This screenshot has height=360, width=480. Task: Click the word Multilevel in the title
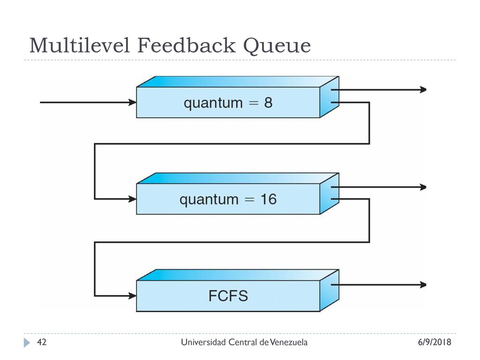pyautogui.click(x=80, y=45)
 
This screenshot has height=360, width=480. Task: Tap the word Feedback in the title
pyautogui.click(x=187, y=45)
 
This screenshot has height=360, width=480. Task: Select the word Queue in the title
pyautogui.click(x=277, y=46)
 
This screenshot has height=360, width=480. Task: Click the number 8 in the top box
pyautogui.click(x=268, y=103)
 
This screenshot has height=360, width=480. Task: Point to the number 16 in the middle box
pyautogui.click(x=269, y=199)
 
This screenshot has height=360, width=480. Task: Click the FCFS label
pyautogui.click(x=228, y=296)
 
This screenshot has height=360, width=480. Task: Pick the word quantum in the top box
pyautogui.click(x=213, y=103)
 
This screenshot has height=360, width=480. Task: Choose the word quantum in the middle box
pyautogui.click(x=209, y=200)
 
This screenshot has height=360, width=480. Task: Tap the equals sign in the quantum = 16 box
pyautogui.click(x=249, y=200)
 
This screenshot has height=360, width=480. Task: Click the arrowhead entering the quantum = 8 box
pyautogui.click(x=133, y=102)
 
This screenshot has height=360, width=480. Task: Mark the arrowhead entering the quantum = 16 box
pyautogui.click(x=133, y=199)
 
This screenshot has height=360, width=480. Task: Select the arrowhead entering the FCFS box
pyautogui.click(x=133, y=296)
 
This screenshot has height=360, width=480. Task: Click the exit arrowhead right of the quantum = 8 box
pyautogui.click(x=423, y=90)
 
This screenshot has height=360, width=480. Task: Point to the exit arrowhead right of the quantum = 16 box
pyautogui.click(x=423, y=187)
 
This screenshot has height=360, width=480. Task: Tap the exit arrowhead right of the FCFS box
pyautogui.click(x=423, y=285)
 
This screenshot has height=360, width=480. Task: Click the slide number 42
pyautogui.click(x=42, y=342)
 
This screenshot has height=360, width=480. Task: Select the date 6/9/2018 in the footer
pyautogui.click(x=435, y=342)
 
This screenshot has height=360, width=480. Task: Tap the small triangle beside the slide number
pyautogui.click(x=27, y=343)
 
